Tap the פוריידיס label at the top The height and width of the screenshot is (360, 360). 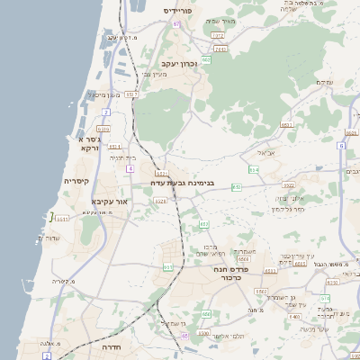[x=184, y=10]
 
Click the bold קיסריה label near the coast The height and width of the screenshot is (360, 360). [x=76, y=181]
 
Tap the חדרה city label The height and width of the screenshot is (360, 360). [x=112, y=346]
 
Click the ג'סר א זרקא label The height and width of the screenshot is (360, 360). [x=88, y=143]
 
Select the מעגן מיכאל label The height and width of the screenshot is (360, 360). [x=104, y=94]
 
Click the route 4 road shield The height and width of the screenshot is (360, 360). [x=130, y=168]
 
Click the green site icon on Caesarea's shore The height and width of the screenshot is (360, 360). [x=51, y=216]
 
